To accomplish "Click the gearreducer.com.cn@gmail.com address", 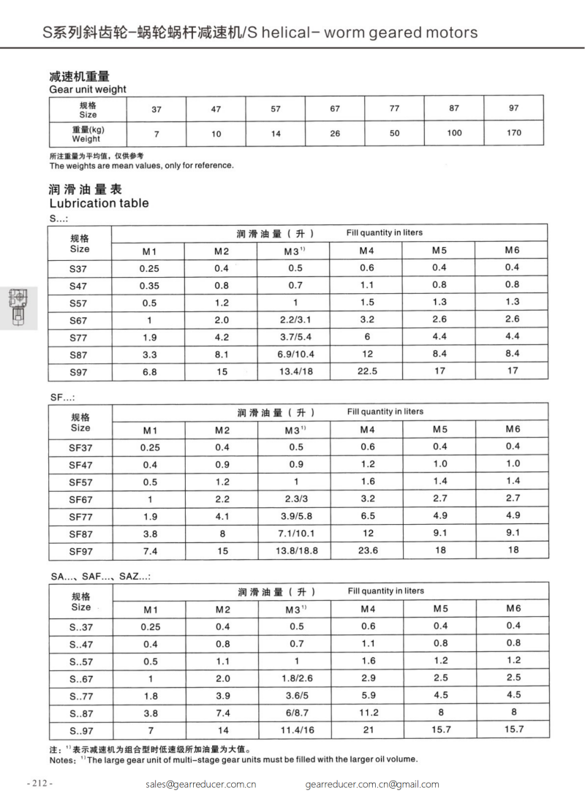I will [x=372, y=784].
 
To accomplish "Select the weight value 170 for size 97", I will [x=513, y=133].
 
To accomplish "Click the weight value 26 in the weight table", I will [x=335, y=133].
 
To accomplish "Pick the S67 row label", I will [x=78, y=320].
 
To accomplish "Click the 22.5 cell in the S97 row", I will [x=367, y=371].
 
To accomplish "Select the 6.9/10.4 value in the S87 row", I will [x=295, y=354].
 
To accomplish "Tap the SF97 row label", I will [x=80, y=551].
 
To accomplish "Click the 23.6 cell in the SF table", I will [x=367, y=551].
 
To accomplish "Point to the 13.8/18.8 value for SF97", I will [x=295, y=551].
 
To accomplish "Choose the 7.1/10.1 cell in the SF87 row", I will [x=295, y=534].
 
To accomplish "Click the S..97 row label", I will [x=80, y=730].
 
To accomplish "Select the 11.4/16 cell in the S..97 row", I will [x=295, y=730].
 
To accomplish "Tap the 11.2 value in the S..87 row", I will [x=369, y=713].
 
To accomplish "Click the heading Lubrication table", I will [x=98, y=203].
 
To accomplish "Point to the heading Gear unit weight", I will [x=88, y=89].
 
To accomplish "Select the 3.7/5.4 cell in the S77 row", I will [x=295, y=337].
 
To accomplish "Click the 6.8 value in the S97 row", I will [x=149, y=371].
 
